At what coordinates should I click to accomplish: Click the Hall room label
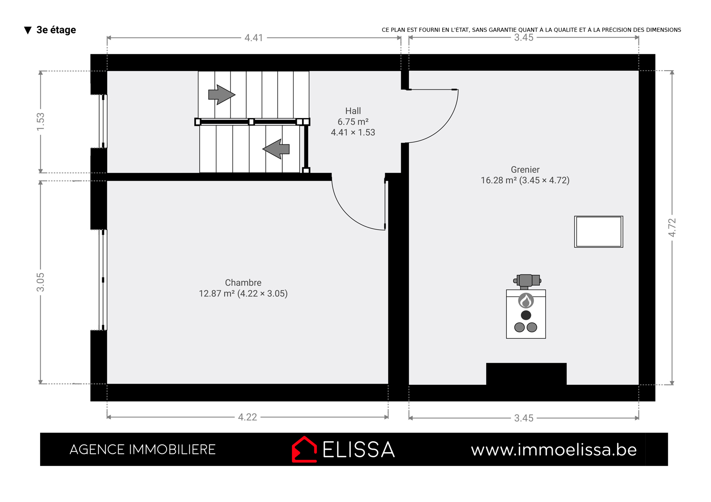[x=353, y=111]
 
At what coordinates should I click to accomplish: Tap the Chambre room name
[x=243, y=282]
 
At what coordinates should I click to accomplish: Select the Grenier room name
[x=525, y=170]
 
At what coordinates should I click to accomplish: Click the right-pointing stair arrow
[x=222, y=95]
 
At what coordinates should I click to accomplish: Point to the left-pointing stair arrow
[x=276, y=149]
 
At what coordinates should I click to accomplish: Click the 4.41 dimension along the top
[x=254, y=38]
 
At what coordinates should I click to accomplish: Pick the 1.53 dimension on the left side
[x=41, y=121]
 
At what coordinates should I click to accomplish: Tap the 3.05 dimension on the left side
[x=41, y=282]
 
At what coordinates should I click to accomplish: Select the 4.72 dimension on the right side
[x=672, y=228]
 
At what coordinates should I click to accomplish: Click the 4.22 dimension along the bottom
[x=247, y=417]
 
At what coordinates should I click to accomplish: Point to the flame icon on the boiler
[x=526, y=300]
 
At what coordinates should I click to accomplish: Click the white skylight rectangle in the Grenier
[x=599, y=232]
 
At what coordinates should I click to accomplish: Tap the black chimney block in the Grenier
[x=526, y=374]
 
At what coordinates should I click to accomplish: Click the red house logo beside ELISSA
[x=304, y=449]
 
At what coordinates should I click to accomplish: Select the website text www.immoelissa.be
[x=554, y=450]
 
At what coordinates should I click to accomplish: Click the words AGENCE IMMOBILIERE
[x=142, y=450]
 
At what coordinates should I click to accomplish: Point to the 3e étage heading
[x=56, y=30]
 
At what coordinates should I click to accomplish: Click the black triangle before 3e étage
[x=28, y=31]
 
